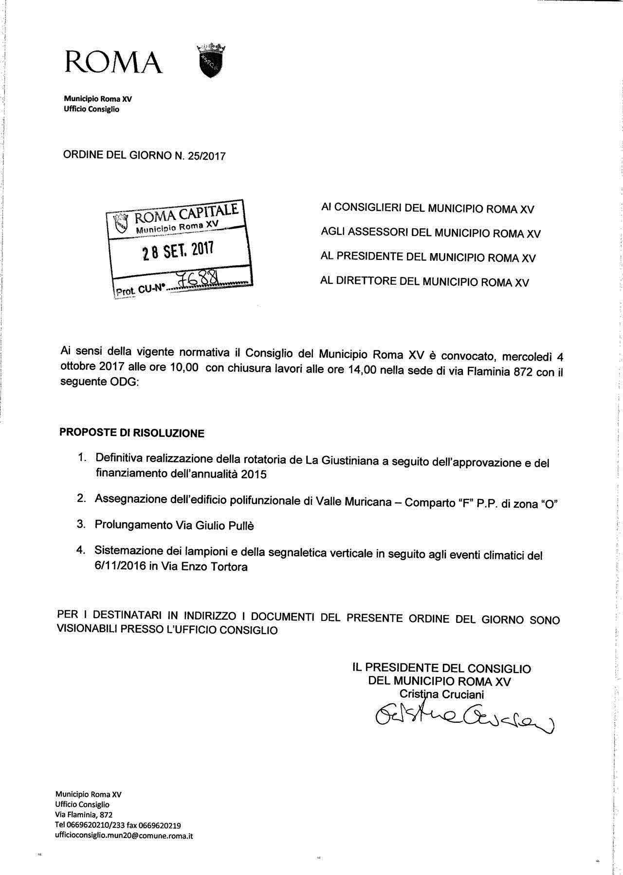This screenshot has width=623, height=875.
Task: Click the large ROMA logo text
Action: [113, 62]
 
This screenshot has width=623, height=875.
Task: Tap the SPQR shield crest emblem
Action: [211, 60]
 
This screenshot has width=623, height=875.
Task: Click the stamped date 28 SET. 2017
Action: [178, 251]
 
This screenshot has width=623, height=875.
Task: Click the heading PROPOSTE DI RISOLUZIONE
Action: [132, 433]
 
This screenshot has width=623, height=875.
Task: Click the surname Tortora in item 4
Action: [229, 567]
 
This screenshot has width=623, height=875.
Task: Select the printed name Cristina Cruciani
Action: [441, 694]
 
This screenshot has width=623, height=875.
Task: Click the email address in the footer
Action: [124, 836]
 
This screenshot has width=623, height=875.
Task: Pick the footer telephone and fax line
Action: [118, 825]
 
